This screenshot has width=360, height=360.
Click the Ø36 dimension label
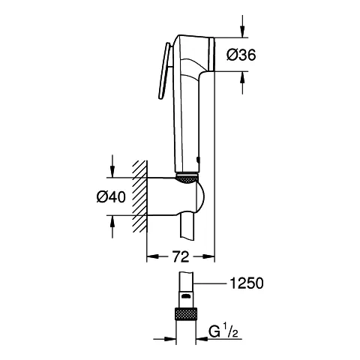point(241,55)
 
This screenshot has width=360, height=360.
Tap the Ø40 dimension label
point(111,197)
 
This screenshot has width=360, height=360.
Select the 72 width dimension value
point(181,256)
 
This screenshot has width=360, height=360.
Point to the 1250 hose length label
point(247,283)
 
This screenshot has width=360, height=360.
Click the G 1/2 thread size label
point(223,331)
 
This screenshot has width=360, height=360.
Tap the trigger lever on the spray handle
point(164,70)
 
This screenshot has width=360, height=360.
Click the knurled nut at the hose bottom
point(186,314)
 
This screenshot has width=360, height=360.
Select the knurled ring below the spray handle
point(187,179)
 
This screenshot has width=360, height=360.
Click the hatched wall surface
point(139,196)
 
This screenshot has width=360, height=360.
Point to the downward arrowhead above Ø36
point(242,32)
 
